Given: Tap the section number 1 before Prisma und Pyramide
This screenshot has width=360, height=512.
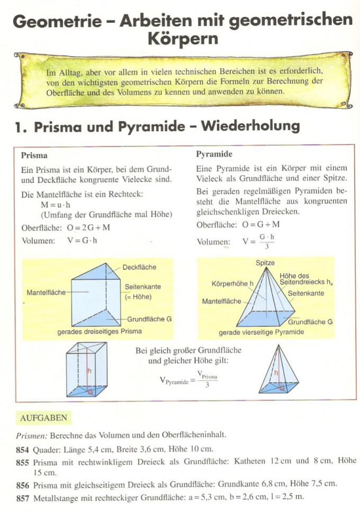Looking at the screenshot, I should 20,127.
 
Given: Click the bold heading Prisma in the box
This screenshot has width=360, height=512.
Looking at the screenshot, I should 34,156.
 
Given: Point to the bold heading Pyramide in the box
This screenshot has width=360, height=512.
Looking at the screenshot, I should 214,154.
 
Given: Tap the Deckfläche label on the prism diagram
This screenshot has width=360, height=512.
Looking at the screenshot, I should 139,267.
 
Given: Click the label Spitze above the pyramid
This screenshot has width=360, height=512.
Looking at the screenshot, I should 265,263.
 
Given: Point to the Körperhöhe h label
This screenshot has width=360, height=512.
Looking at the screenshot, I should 233,284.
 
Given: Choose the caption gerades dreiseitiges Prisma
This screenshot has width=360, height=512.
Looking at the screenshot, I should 100,332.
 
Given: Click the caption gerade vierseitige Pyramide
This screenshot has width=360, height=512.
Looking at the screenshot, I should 262,332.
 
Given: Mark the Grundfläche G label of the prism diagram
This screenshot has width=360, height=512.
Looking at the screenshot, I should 149,319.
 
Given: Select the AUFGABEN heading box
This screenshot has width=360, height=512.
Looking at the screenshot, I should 43,418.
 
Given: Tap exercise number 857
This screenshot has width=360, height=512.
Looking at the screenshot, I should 23,498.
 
